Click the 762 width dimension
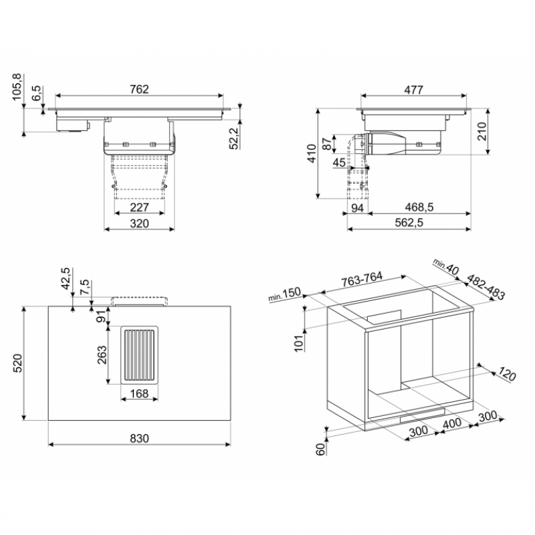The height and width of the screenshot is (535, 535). coord(139,89)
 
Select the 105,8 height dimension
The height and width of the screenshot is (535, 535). coord(17,87)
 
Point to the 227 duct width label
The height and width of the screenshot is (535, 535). coord(140,207)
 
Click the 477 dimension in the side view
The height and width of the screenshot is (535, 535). coord(413,90)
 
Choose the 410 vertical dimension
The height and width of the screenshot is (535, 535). coord(312,153)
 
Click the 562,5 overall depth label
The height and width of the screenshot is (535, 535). coord(409,223)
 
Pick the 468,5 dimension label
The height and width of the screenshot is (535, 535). coord(419,207)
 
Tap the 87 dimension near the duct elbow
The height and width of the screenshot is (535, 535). coord(327,144)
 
